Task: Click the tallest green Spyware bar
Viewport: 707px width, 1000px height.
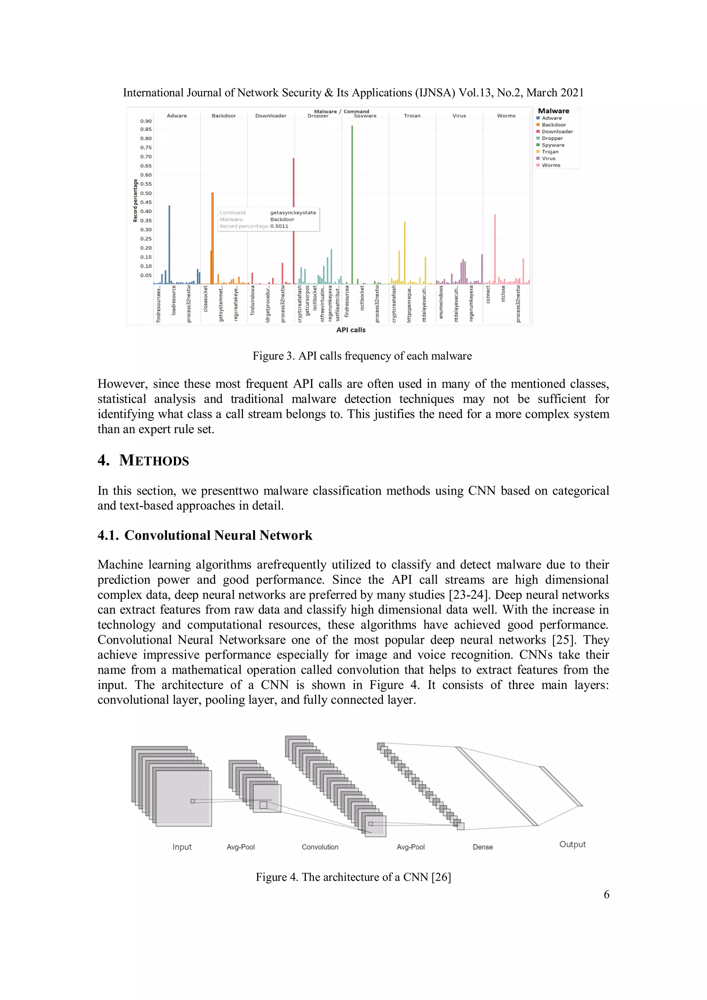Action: tap(352, 205)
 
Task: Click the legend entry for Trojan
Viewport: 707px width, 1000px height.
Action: tap(550, 152)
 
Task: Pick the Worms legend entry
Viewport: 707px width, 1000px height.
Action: tap(551, 165)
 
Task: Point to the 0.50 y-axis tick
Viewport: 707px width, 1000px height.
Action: tap(146, 193)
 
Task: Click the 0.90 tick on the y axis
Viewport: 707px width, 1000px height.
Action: tap(146, 121)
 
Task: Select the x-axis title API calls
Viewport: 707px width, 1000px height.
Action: tap(351, 330)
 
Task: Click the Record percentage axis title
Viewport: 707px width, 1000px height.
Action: tap(135, 201)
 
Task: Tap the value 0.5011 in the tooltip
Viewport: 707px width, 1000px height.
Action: tap(279, 226)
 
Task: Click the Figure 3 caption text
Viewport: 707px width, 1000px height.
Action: tap(362, 356)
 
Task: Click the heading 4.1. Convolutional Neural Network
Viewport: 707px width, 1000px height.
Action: tap(205, 535)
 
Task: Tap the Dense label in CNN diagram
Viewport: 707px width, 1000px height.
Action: tap(483, 847)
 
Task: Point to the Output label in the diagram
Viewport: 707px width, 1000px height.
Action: tap(572, 844)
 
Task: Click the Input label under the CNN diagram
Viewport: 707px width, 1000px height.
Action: tap(182, 847)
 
